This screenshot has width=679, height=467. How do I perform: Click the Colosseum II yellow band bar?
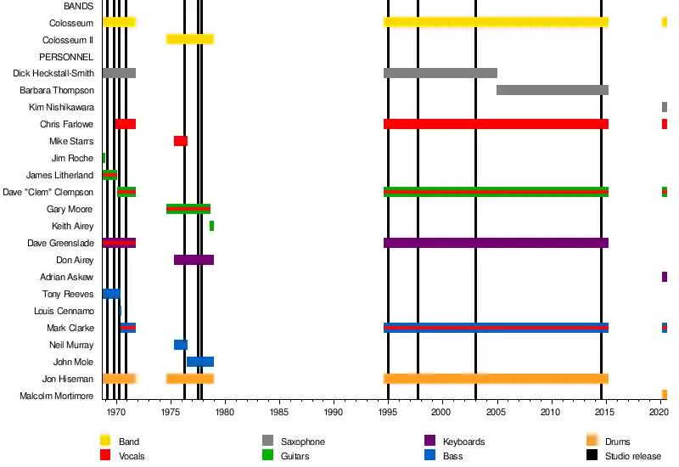pos(190,39)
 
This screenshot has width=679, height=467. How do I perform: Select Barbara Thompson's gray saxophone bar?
pos(553,90)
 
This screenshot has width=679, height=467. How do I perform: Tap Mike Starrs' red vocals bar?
pos(181,141)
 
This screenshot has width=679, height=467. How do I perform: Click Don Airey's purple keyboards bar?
pos(194,260)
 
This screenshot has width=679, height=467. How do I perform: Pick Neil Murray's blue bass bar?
pos(181,345)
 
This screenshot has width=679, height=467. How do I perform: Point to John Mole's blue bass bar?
pos(200,362)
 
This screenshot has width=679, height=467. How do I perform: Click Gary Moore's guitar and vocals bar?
pos(188,209)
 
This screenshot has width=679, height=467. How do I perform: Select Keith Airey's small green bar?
pos(211,226)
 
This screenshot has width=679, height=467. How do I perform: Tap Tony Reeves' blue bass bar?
pos(111,294)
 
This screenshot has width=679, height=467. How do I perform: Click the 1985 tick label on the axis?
pos(278,412)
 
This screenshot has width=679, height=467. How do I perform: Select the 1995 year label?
pos(388,412)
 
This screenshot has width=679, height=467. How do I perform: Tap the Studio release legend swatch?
pos(592,456)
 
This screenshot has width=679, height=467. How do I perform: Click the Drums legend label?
pos(618,442)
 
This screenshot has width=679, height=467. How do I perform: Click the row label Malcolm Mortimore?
pos(56,396)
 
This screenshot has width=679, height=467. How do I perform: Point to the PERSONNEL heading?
pos(66,56)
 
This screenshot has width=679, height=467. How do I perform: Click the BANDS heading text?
pos(79,6)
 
